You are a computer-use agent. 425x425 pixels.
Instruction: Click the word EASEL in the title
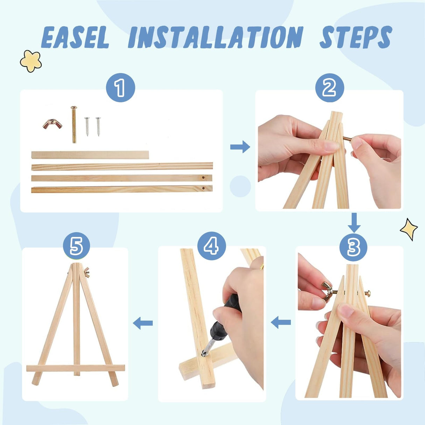[x=75, y=37]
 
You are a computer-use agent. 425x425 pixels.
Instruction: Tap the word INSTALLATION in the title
[x=216, y=37]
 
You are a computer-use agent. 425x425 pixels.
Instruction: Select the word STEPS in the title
[x=356, y=37]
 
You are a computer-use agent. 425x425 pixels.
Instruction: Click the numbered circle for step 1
[x=120, y=88]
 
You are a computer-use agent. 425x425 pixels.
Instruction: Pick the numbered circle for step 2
[x=329, y=88]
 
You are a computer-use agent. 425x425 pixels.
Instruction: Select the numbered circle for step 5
[x=76, y=246]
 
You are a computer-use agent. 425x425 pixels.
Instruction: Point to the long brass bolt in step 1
[x=74, y=124]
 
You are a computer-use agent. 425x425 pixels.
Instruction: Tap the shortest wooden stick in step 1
[x=90, y=155]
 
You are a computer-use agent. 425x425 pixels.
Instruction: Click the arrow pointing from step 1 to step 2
[x=240, y=147]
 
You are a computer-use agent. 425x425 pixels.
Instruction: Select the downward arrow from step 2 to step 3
[x=354, y=223]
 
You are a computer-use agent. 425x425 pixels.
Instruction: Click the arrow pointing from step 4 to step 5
[x=143, y=323]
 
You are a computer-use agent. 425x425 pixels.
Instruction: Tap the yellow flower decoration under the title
[x=31, y=61]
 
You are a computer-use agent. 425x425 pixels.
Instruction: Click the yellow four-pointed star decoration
[x=409, y=229]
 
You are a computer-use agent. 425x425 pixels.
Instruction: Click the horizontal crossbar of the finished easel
[x=76, y=368]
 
